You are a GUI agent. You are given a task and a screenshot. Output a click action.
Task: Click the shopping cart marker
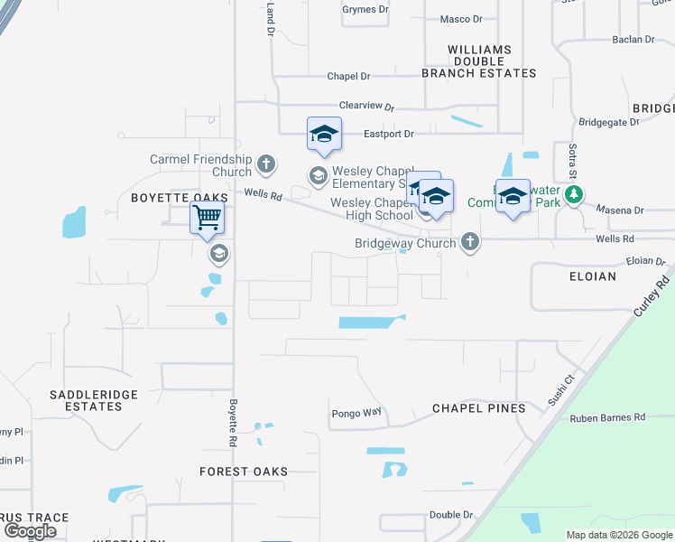point(208,218)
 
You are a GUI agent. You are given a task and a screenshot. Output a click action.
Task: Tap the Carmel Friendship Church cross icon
point(265,164)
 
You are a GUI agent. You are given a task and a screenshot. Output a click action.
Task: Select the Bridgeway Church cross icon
point(468,242)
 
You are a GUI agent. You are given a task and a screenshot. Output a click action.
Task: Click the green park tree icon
point(572,195)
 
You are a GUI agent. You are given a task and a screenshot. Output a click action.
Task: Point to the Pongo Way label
point(356,413)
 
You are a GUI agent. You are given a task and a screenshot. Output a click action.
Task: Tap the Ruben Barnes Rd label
point(607,417)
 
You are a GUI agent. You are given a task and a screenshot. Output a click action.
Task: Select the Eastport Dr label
point(388,134)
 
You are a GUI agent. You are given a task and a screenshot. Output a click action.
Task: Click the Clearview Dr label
point(366,106)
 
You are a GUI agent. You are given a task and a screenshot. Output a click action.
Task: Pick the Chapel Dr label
point(349,77)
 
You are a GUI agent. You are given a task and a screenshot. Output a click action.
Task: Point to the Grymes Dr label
point(365,9)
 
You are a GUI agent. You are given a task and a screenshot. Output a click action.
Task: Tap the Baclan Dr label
point(633,40)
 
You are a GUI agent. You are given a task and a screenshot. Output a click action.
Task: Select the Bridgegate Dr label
point(608,122)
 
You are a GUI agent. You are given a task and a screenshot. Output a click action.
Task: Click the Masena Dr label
point(621,210)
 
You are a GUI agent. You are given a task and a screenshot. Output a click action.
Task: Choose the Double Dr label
point(451,515)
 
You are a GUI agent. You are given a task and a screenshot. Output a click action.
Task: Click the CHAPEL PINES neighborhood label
point(478,408)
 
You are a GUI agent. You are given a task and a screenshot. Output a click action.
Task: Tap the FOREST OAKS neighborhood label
point(244,472)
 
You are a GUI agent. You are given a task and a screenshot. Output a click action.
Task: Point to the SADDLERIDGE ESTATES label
point(86,400)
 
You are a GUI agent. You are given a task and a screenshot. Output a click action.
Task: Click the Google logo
point(31,531)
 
